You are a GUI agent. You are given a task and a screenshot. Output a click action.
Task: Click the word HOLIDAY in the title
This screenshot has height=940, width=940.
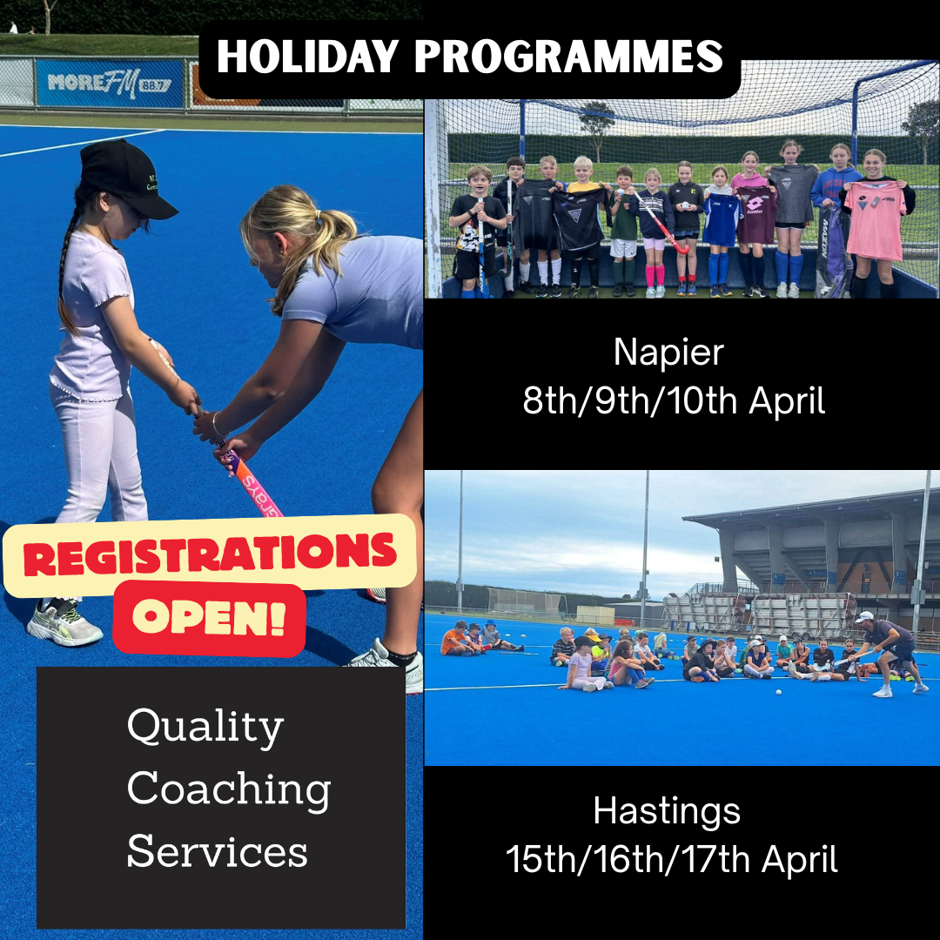point(307,57)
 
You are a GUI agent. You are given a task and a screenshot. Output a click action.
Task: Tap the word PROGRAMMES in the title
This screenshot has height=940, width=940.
point(569,57)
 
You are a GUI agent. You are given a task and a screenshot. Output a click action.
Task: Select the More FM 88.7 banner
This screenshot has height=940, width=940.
point(110,83)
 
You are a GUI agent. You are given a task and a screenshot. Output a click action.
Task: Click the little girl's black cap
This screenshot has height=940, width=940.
point(124,178)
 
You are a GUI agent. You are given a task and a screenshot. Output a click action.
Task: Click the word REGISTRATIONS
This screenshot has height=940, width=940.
point(210,554)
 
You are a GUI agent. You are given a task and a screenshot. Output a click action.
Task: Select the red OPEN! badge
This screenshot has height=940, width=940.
point(209,618)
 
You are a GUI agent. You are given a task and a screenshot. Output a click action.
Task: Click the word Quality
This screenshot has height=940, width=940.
point(205,727)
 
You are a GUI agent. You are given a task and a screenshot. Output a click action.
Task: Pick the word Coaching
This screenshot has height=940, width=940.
point(228,789)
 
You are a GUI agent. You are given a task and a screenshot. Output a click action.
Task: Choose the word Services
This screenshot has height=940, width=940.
point(217,851)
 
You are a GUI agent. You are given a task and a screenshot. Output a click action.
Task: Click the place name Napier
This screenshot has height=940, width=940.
point(668,354)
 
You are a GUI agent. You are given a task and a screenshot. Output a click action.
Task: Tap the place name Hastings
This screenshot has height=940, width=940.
point(667,812)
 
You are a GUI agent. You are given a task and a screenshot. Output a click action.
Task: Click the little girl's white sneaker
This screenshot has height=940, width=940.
point(64,624)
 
